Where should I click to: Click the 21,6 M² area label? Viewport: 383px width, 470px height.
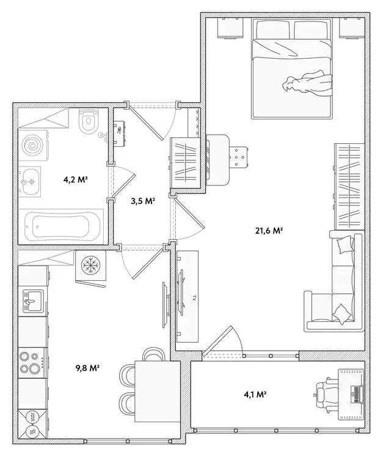tap(268, 231)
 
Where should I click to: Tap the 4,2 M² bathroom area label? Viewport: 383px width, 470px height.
tap(76, 180)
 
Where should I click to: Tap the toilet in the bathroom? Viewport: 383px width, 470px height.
tap(90, 121)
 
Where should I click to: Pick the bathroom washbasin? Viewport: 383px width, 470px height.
tap(29, 182)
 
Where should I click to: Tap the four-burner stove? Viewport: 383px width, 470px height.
tap(30, 361)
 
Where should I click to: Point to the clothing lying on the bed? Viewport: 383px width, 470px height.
tap(307, 83)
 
